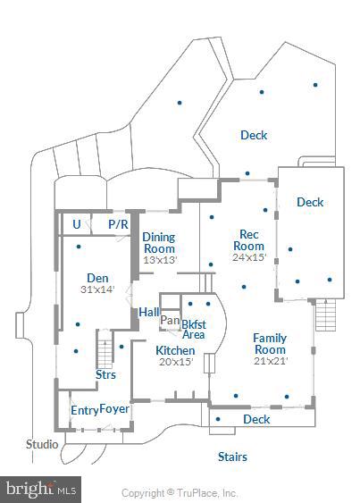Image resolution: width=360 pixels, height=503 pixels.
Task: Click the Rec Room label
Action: (x=249, y=239)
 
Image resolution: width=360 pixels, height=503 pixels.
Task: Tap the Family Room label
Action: (x=269, y=344)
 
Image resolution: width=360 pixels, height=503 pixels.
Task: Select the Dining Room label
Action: (x=159, y=243)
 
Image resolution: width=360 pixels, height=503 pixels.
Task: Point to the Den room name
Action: (x=96, y=278)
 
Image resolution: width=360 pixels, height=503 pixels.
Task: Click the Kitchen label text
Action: (x=175, y=351)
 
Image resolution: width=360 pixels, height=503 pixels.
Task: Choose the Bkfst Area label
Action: (x=194, y=328)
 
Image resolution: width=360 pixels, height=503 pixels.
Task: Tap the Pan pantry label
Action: (x=170, y=320)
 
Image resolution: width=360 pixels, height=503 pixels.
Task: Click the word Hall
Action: (x=149, y=312)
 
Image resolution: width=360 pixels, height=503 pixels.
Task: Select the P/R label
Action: (x=118, y=224)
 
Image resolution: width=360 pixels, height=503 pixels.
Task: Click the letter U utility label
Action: (x=77, y=224)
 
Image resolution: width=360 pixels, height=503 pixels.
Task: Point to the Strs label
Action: (x=105, y=374)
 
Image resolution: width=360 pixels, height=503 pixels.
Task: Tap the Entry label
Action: (x=84, y=410)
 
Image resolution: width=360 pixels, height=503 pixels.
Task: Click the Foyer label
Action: (x=114, y=409)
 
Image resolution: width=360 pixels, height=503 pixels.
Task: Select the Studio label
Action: (x=42, y=444)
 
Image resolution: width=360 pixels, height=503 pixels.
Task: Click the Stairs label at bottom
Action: (x=232, y=457)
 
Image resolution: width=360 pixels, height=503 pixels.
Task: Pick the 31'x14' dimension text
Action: (x=96, y=289)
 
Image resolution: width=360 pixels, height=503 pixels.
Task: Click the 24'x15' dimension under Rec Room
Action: (x=249, y=257)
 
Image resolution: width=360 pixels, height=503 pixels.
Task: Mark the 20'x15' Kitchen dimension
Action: (x=175, y=363)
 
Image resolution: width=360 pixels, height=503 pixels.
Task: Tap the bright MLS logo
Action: (x=41, y=489)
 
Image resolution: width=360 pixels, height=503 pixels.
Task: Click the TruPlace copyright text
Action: (x=180, y=493)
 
